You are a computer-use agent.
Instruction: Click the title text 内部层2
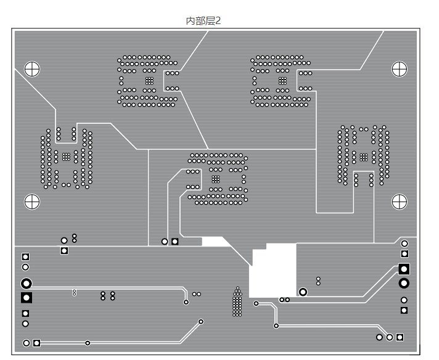click(x=203, y=21)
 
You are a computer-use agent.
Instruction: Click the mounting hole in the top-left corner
click(x=31, y=69)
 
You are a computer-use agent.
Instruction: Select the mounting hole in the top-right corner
click(x=399, y=69)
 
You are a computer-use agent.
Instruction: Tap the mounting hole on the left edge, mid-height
click(x=31, y=201)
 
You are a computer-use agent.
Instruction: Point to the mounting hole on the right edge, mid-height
click(x=400, y=201)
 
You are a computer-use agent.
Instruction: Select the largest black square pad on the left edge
click(x=26, y=298)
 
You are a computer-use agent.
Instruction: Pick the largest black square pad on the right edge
click(x=404, y=269)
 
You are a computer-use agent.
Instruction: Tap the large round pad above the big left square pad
click(x=26, y=284)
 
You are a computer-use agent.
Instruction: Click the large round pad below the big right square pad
click(x=404, y=283)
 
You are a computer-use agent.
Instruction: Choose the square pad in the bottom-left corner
click(x=37, y=343)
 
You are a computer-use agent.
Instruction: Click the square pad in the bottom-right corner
click(x=400, y=337)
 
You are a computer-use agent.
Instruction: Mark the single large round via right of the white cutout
click(x=303, y=292)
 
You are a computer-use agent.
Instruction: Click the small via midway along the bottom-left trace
click(x=88, y=343)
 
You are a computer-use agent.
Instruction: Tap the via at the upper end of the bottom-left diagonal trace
click(x=201, y=321)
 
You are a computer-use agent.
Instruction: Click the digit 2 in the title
click(x=218, y=21)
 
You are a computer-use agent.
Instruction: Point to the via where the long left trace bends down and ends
click(x=186, y=302)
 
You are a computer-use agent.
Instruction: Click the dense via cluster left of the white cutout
click(x=237, y=302)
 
